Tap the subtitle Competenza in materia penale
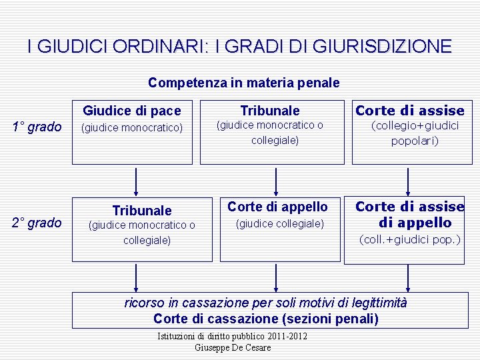[x=243, y=83]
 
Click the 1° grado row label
[x=37, y=127]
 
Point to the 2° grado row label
[x=37, y=223]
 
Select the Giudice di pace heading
[x=132, y=110]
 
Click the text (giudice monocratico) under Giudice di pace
[x=131, y=127]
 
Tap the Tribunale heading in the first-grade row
[x=270, y=111]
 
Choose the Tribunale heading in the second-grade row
[x=141, y=211]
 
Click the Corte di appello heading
[x=278, y=207]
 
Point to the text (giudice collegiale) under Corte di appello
[x=280, y=224]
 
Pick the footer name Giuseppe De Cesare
[x=233, y=347]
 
